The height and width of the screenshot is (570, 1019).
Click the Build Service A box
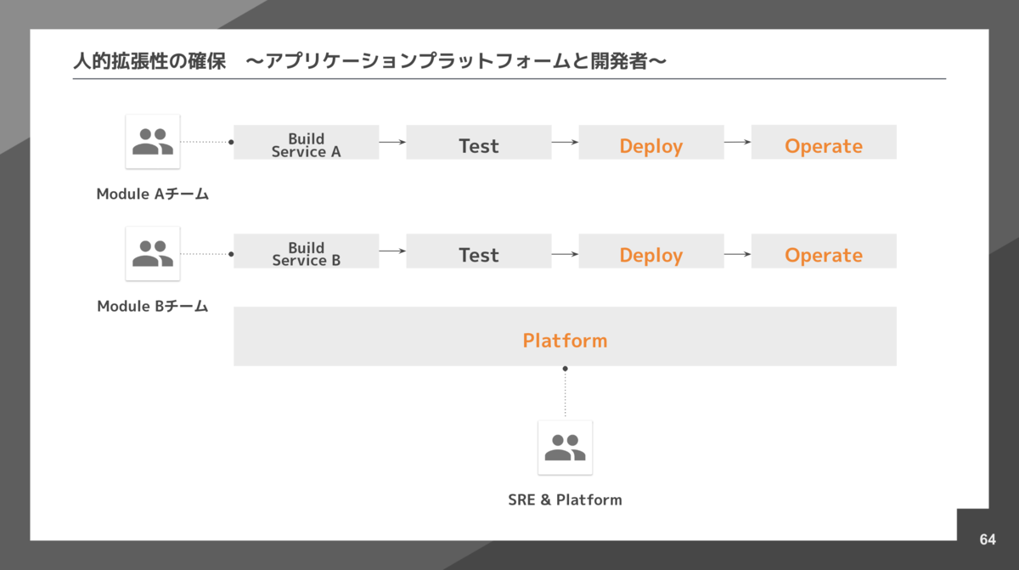point(306,143)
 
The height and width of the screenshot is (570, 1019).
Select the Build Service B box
point(306,251)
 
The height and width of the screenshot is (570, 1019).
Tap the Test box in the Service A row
point(479,143)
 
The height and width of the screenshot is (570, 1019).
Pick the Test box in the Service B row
point(479,251)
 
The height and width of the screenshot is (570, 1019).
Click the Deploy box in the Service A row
point(651,143)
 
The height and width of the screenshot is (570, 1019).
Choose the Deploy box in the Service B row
point(651,251)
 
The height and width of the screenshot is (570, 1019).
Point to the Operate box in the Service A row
point(824,143)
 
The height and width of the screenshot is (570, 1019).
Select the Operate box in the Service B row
point(824,251)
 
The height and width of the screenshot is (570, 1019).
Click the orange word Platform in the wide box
point(565,341)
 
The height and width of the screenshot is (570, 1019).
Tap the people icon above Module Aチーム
point(153,141)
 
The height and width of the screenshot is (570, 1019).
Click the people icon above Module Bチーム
point(153,253)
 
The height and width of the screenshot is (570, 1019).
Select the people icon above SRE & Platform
point(565,447)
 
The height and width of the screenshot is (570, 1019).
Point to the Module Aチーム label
point(153,195)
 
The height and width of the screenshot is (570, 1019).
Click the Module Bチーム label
point(153,307)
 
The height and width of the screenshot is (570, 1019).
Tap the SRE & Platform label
point(565,500)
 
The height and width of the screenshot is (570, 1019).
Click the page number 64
point(988,540)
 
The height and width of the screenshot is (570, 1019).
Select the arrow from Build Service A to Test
point(392,143)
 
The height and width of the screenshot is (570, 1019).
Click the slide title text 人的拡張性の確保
point(149,62)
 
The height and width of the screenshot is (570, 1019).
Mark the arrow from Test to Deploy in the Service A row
point(565,143)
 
